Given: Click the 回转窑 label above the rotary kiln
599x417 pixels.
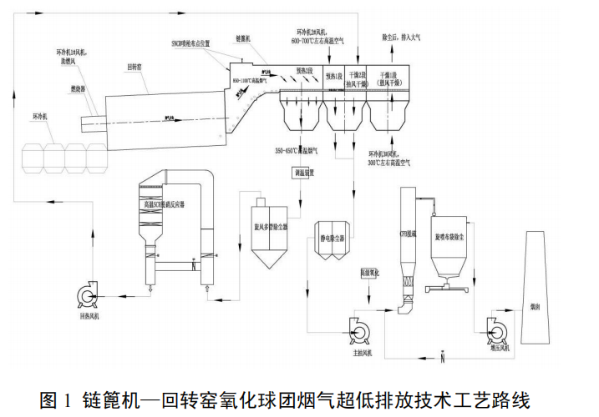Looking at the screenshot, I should pyautogui.click(x=139, y=65).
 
